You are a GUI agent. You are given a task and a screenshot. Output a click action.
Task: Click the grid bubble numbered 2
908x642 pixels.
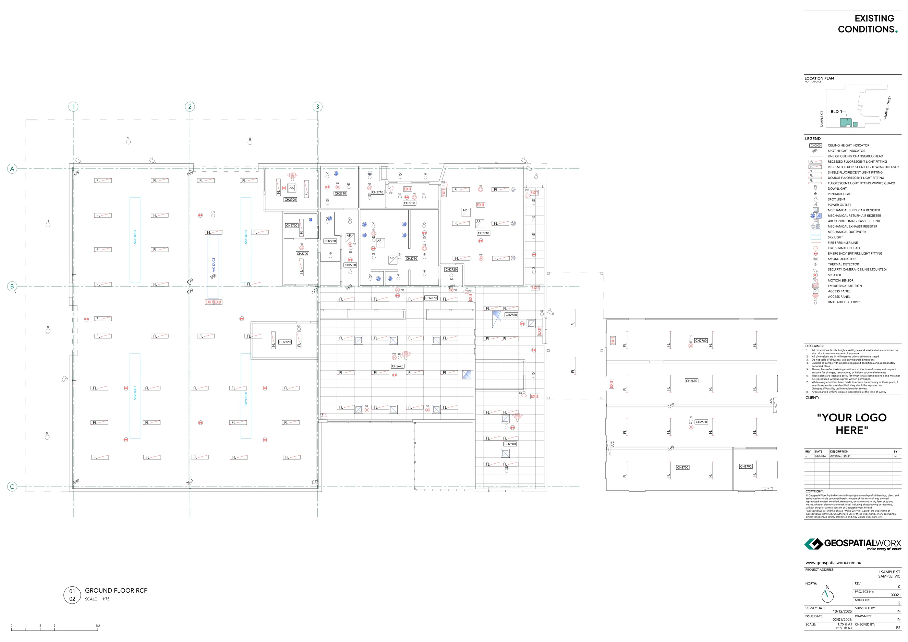tap(190, 106)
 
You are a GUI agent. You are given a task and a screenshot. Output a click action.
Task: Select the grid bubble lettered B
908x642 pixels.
tap(12, 286)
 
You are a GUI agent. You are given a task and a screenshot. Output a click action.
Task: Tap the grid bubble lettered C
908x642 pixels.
tap(12, 487)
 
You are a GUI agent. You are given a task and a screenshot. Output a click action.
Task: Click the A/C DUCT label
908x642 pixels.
tap(214, 265)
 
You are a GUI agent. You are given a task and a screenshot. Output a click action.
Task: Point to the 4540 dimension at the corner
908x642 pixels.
tap(76, 173)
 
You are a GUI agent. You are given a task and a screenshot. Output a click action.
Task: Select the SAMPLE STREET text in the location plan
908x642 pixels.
tap(887, 108)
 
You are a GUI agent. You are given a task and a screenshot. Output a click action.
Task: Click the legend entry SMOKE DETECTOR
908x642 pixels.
tap(842, 259)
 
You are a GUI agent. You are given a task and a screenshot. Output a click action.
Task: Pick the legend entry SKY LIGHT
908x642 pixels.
tap(835, 237)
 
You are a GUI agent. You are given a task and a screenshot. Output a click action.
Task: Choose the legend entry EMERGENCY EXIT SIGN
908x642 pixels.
tap(844, 286)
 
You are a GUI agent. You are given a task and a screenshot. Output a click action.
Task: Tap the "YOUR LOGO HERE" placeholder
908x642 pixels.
tap(851, 424)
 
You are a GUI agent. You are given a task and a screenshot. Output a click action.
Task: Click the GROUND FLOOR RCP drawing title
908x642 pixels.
tap(116, 590)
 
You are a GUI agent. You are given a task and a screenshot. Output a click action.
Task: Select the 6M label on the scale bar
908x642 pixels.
tap(98, 626)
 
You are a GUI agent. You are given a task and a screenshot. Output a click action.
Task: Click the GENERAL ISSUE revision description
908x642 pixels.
tap(839, 456)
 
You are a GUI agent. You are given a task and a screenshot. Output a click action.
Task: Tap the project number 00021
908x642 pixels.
tap(895, 595)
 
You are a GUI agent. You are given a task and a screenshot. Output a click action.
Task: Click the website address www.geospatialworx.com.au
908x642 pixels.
tap(833, 562)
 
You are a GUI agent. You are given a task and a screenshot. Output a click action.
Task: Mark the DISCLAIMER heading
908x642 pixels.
tap(814, 346)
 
